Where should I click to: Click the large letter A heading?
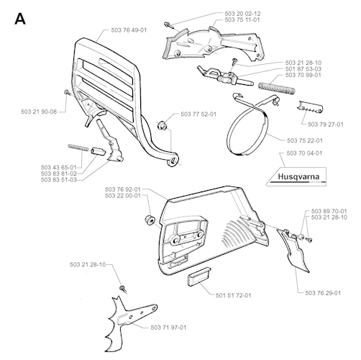coord(20,19)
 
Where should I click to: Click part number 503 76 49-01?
coord(129,30)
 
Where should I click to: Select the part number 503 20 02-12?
coord(242,14)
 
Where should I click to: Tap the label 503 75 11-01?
coord(242,19)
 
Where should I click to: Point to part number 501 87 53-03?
coord(303,69)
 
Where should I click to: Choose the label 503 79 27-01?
coord(326,125)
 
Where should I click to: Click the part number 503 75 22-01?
coord(305,140)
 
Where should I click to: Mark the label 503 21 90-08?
coord(39,112)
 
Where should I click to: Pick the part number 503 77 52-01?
coord(198,114)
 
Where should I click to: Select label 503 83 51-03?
coord(59,180)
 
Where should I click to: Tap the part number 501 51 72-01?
coord(234,295)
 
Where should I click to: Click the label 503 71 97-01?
coord(168,328)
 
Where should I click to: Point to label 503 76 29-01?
coord(323,293)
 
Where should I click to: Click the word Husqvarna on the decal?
coord(298,177)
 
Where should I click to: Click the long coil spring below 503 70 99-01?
coord(277,88)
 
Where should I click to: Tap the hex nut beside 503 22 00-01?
coord(150,220)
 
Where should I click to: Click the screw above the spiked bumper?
coord(123,289)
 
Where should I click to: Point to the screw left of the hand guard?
coord(68,92)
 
